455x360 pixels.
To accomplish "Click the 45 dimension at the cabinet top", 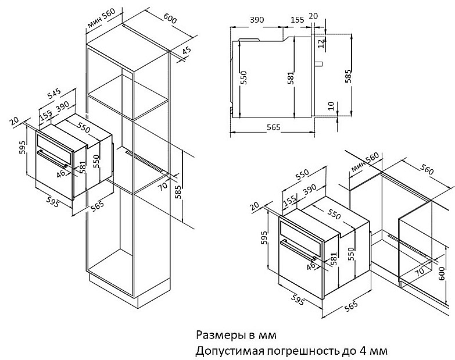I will point(187,51).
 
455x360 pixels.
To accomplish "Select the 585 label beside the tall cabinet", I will point(178,192).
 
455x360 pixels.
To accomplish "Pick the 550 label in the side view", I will point(244,77).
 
